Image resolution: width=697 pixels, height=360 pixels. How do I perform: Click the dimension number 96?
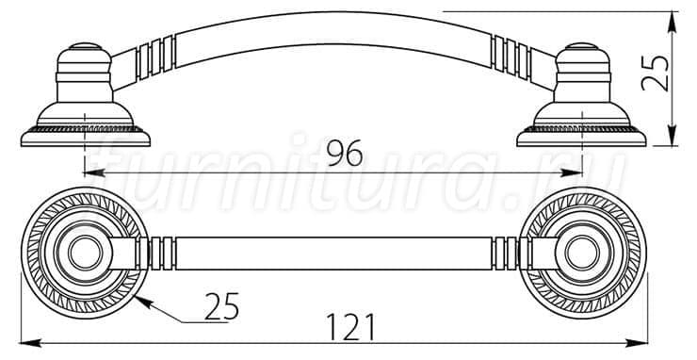(345, 153)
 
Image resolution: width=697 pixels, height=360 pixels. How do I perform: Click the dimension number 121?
(350, 327)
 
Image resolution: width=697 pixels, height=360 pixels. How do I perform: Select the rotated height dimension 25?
(656, 73)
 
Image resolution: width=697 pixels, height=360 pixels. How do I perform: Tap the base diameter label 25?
(221, 306)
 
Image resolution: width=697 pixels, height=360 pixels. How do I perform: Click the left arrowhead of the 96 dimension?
(94, 172)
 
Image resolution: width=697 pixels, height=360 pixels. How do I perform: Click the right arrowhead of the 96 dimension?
(572, 172)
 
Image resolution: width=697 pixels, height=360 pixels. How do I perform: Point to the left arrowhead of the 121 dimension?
(31, 343)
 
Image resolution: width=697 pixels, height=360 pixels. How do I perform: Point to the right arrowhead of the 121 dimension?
(637, 343)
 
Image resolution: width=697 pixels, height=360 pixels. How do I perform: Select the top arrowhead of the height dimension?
(673, 23)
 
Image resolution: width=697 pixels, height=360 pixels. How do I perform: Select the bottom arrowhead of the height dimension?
(673, 136)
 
